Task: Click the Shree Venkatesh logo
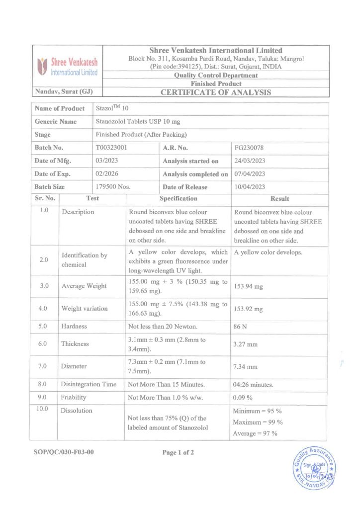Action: [x=67, y=67]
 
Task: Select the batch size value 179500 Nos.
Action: [x=113, y=187]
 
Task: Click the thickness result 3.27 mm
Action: [x=245, y=344]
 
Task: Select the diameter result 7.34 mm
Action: [x=245, y=367]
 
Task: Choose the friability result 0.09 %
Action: [x=243, y=398]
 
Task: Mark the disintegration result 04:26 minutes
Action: [x=253, y=384]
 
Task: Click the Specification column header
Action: [x=178, y=198]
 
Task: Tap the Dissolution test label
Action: [x=77, y=411]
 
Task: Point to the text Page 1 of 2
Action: [x=178, y=452]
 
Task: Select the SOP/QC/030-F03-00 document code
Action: [x=64, y=452]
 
